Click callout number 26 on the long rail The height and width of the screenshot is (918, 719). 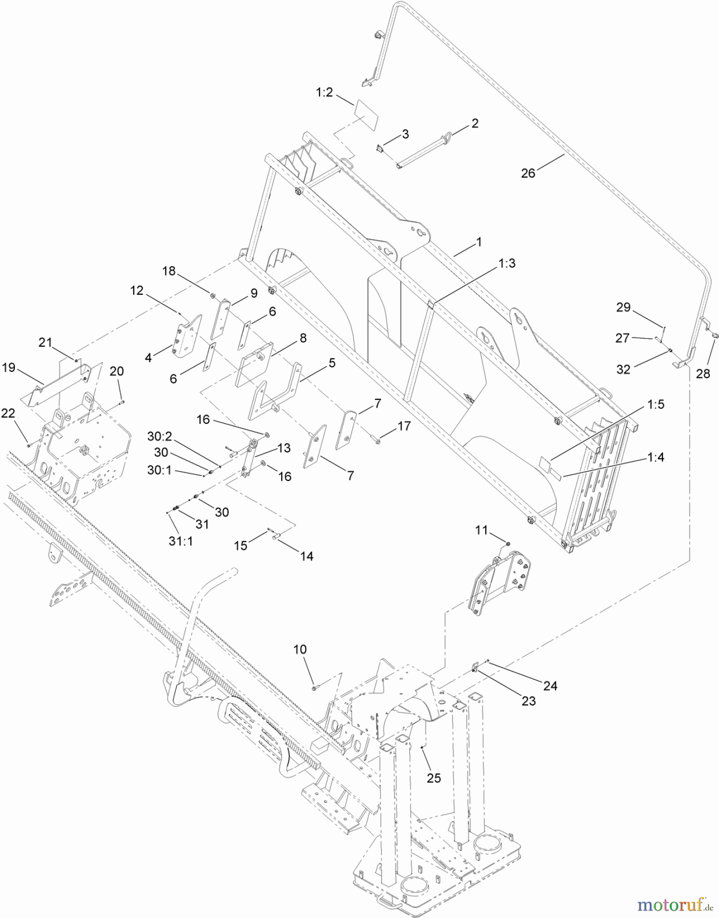[x=528, y=173]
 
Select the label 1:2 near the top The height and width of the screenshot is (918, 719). [x=324, y=92]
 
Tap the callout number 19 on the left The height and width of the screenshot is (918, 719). [x=9, y=367]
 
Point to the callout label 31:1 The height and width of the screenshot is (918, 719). [x=180, y=541]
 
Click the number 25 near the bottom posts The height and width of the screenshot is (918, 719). [x=433, y=778]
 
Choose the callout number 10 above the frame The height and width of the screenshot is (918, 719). [x=300, y=649]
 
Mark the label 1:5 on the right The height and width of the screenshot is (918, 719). [x=655, y=404]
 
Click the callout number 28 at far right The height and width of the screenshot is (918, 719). [x=703, y=374]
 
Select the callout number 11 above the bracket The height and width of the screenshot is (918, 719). [x=482, y=530]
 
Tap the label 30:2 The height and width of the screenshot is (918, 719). [x=160, y=436]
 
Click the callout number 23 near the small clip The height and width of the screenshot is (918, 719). [x=529, y=701]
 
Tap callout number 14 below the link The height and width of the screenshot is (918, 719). [x=306, y=556]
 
